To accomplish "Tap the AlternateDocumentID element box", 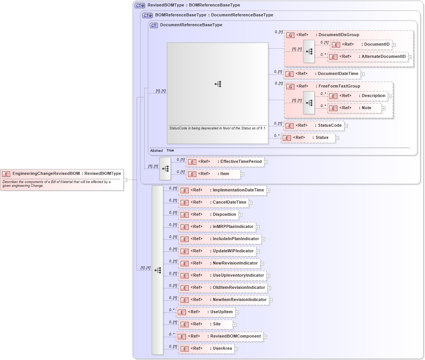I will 368,57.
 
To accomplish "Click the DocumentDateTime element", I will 322,74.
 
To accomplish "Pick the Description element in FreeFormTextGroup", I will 358,96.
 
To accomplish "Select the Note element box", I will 355,108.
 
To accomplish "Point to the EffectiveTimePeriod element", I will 225,162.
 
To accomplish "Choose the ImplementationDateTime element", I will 222,190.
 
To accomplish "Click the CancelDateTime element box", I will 213,202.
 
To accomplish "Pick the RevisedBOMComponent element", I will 220,336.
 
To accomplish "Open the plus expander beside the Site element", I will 235,325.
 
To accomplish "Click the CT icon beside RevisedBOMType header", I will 140,6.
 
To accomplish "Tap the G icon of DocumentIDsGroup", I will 290,35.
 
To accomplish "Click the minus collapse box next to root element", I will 125,180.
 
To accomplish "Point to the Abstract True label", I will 162,151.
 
